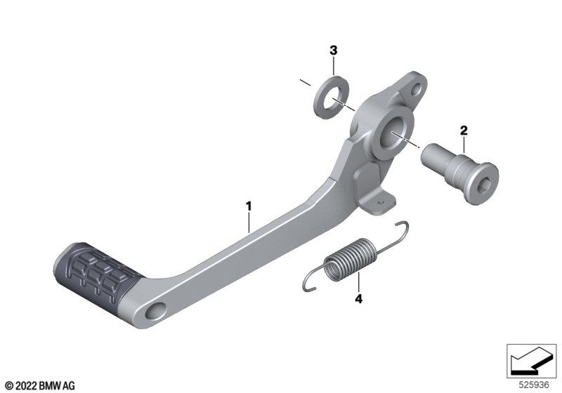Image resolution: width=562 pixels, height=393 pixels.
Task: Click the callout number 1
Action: tap(249, 206)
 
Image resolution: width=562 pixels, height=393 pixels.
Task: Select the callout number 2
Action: tap(464, 131)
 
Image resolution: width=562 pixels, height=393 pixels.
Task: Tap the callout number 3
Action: tap(333, 51)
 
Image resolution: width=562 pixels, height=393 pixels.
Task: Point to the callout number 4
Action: tap(358, 298)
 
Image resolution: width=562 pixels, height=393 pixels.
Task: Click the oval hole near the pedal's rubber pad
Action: tap(155, 310)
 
